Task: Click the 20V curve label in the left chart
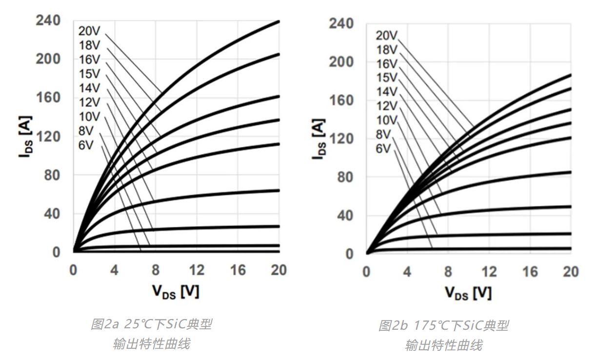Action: pos(89,31)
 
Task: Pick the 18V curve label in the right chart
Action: pos(387,49)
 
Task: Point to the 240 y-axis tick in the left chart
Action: pos(48,20)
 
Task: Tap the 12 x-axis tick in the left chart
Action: pos(197,270)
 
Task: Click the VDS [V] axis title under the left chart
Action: pos(176,291)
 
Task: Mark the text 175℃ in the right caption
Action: pos(432,326)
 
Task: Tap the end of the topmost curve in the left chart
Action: pos(279,21)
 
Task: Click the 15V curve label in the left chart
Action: pos(89,74)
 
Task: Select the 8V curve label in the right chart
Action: pos(384,134)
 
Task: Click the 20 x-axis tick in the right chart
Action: pos(571,272)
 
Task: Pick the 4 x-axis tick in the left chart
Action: pos(114,270)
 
